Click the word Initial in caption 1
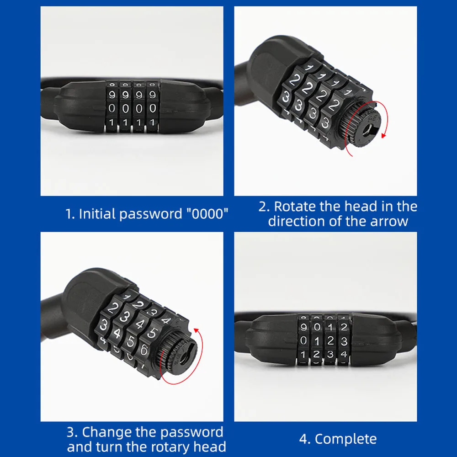pos(96,214)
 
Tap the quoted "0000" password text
pos(207,213)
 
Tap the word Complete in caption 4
pos(346,439)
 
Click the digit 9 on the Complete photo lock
pos(303,327)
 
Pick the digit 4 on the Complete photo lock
pos(344,354)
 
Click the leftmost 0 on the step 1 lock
pos(112,108)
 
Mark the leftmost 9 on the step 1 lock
pos(112,95)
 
